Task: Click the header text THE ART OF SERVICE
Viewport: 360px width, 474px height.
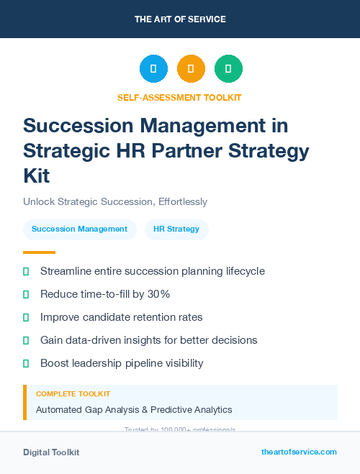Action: point(180,19)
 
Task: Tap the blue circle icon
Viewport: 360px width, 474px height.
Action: point(153,69)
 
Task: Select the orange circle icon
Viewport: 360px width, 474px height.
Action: point(191,69)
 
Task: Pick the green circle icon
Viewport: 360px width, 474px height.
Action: point(228,69)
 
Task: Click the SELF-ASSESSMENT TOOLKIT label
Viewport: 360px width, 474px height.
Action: point(179,97)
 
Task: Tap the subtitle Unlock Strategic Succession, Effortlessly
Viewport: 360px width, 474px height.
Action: point(115,202)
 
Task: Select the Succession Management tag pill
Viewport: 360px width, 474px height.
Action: point(79,229)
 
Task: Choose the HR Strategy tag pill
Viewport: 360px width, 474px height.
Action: point(176,229)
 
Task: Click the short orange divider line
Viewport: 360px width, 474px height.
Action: point(39,252)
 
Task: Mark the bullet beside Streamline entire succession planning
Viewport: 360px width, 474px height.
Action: point(27,271)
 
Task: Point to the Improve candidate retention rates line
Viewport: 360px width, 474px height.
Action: point(121,317)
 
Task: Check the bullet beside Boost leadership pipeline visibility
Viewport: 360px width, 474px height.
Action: point(27,363)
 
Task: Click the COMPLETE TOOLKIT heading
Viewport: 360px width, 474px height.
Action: point(73,394)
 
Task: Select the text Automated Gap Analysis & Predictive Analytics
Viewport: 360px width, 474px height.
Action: point(134,409)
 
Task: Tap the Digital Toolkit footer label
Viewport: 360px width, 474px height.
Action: point(51,452)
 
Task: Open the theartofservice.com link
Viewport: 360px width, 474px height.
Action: point(299,452)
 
